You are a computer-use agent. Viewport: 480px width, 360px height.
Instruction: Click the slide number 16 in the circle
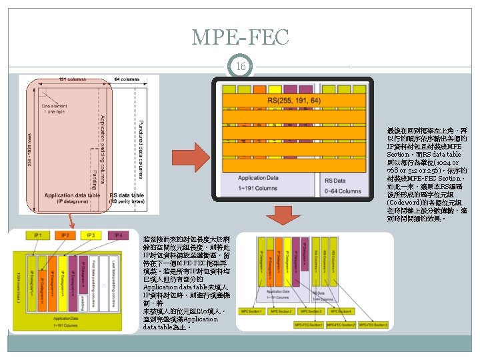click(240, 67)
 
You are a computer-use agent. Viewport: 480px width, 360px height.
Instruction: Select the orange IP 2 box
click(65, 235)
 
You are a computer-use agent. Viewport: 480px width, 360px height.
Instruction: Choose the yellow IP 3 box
click(91, 235)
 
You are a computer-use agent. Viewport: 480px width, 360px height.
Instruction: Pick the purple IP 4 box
click(118, 235)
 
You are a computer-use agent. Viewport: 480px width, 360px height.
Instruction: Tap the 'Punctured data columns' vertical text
click(141, 147)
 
